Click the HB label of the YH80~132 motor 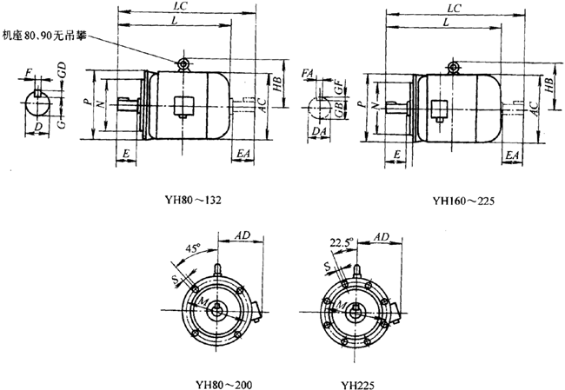(x=276, y=84)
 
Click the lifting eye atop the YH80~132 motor (x=183, y=63)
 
